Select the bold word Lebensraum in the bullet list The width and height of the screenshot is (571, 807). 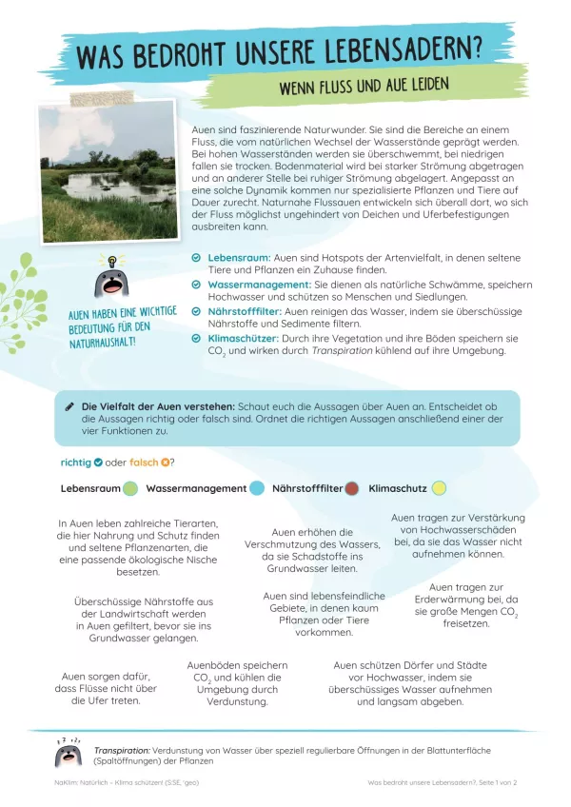[x=238, y=259]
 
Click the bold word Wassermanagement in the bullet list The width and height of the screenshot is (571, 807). [x=252, y=285]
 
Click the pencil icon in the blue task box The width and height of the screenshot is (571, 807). [x=69, y=406]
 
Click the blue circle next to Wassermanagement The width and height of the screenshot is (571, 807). [x=256, y=488]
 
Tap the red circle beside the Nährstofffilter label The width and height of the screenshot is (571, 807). [x=351, y=488]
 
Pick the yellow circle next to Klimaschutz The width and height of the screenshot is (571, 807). [x=439, y=488]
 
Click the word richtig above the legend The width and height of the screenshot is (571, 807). [x=75, y=463]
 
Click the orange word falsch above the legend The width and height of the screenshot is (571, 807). [x=145, y=463]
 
